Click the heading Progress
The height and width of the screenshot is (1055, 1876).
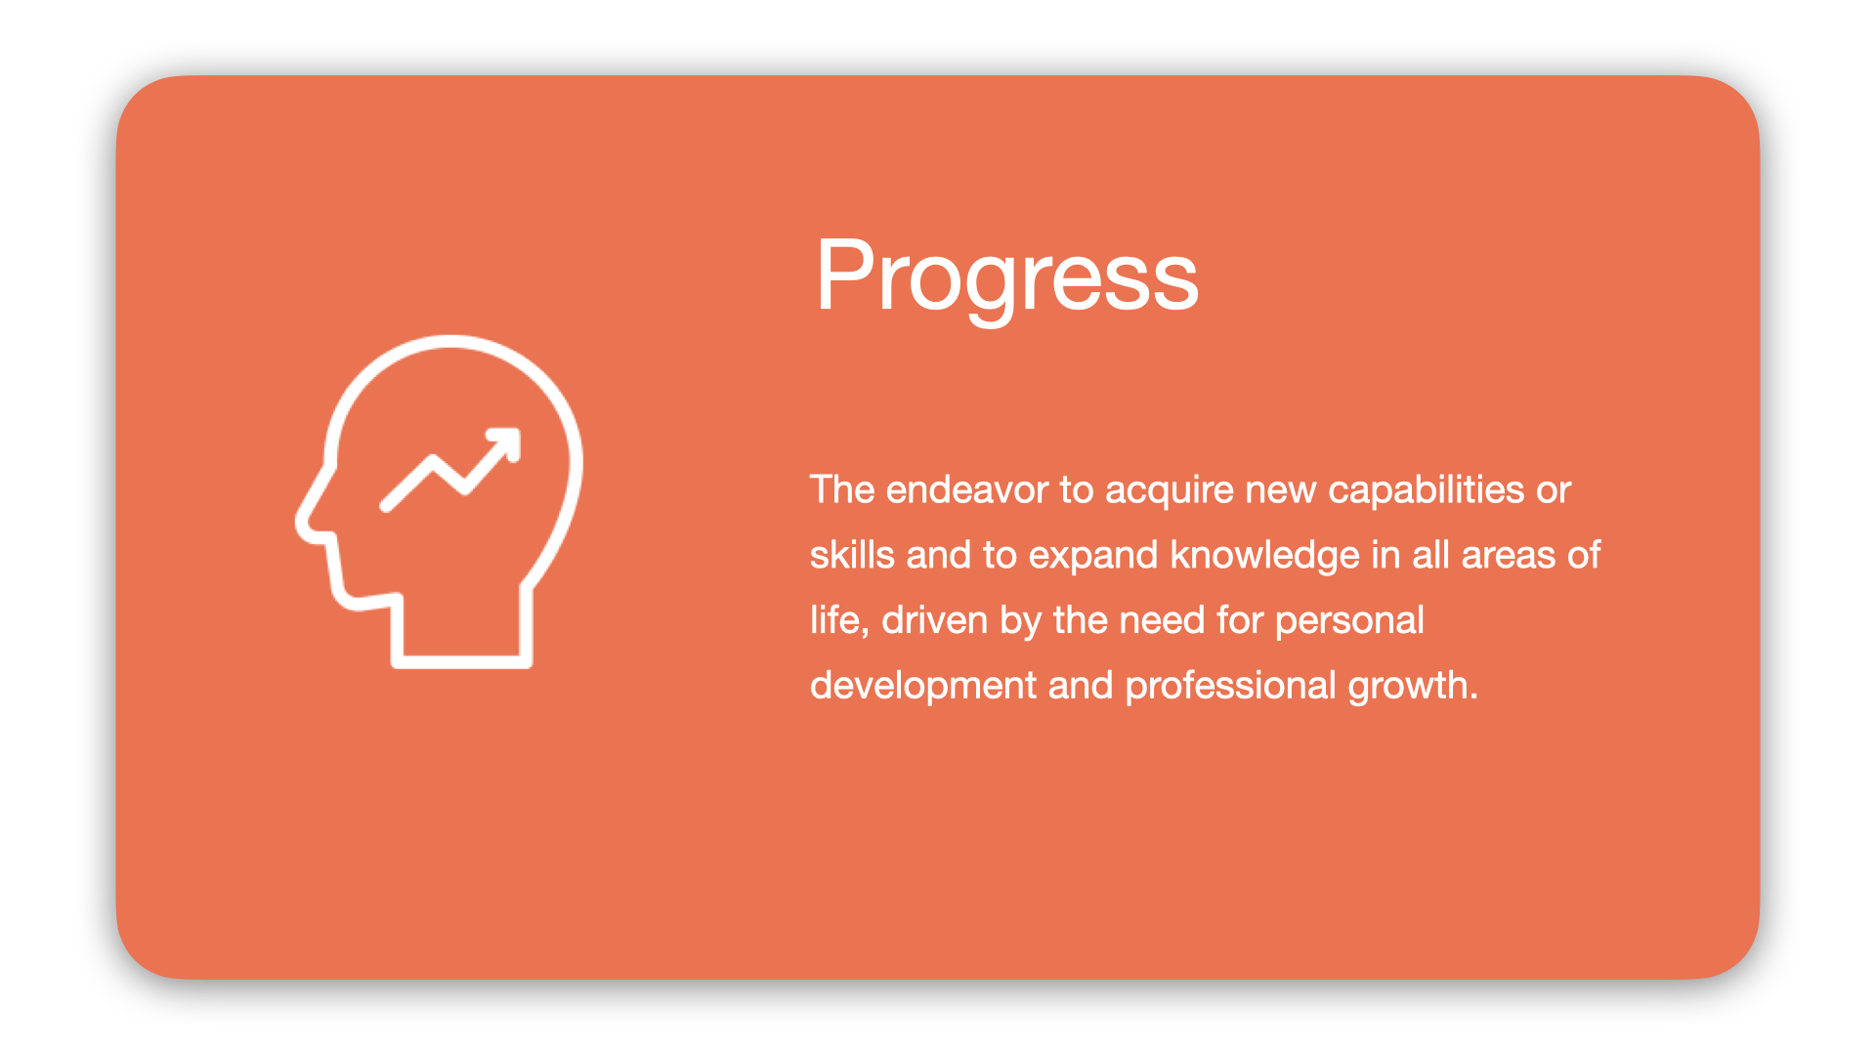point(1006,276)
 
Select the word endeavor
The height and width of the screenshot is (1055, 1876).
point(966,489)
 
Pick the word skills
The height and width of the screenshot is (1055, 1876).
point(851,555)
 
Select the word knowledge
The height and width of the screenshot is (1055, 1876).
point(1264,555)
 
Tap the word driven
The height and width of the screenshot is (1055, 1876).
point(934,620)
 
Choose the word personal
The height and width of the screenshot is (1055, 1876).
point(1348,620)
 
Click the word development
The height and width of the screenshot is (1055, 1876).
point(922,686)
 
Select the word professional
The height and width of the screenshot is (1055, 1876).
point(1229,686)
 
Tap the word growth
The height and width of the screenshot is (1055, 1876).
point(1411,686)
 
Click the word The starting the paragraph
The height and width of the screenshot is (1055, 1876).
point(841,489)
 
